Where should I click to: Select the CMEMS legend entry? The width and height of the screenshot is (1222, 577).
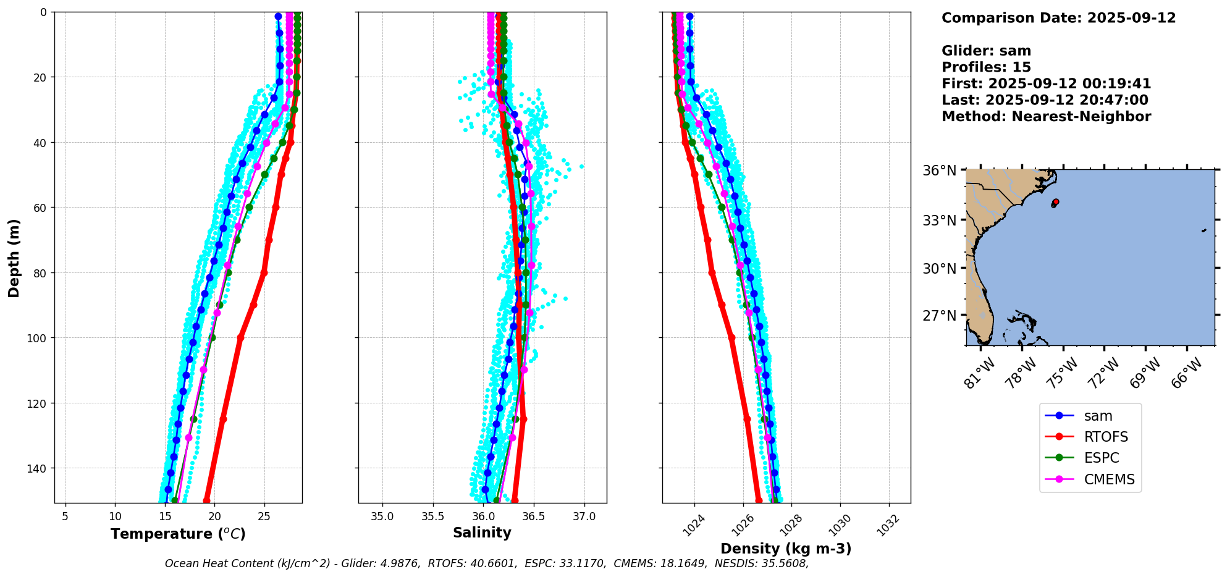coord(1090,479)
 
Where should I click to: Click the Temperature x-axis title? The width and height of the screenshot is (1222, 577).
coord(178,534)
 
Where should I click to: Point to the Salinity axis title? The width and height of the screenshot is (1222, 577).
coord(482,533)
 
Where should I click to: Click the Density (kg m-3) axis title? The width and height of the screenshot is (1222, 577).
coord(786,549)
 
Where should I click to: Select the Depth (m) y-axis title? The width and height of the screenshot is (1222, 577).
coord(14,258)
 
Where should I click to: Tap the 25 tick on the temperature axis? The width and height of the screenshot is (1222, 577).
coord(264,516)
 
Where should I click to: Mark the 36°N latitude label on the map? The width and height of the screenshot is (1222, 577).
coord(939,171)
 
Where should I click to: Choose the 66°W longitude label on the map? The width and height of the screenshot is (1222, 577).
coord(1187,373)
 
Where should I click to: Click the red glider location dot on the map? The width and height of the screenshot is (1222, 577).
coord(1056,201)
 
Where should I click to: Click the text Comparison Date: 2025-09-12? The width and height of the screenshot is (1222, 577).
coord(1058,18)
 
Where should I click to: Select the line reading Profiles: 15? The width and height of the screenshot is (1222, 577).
coord(986,67)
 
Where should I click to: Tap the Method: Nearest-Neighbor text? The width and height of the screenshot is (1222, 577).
coord(1046,117)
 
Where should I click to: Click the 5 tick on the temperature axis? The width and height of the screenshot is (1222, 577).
coord(65,516)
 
